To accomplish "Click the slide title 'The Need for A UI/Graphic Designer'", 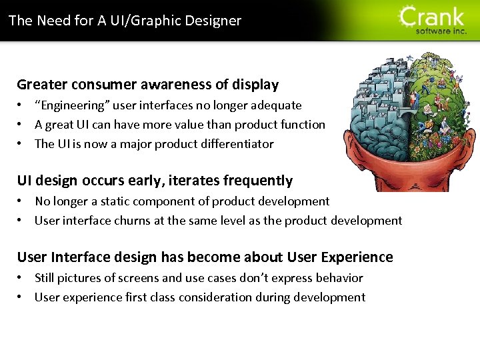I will click(125, 20).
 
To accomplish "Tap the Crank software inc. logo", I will click(433, 20).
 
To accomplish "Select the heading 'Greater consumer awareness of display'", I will click(147, 85).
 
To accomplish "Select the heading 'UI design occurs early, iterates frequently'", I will click(155, 181).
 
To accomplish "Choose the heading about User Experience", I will click(205, 257).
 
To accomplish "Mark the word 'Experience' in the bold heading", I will click(358, 257).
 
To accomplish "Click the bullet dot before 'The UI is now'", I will click(21, 144).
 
